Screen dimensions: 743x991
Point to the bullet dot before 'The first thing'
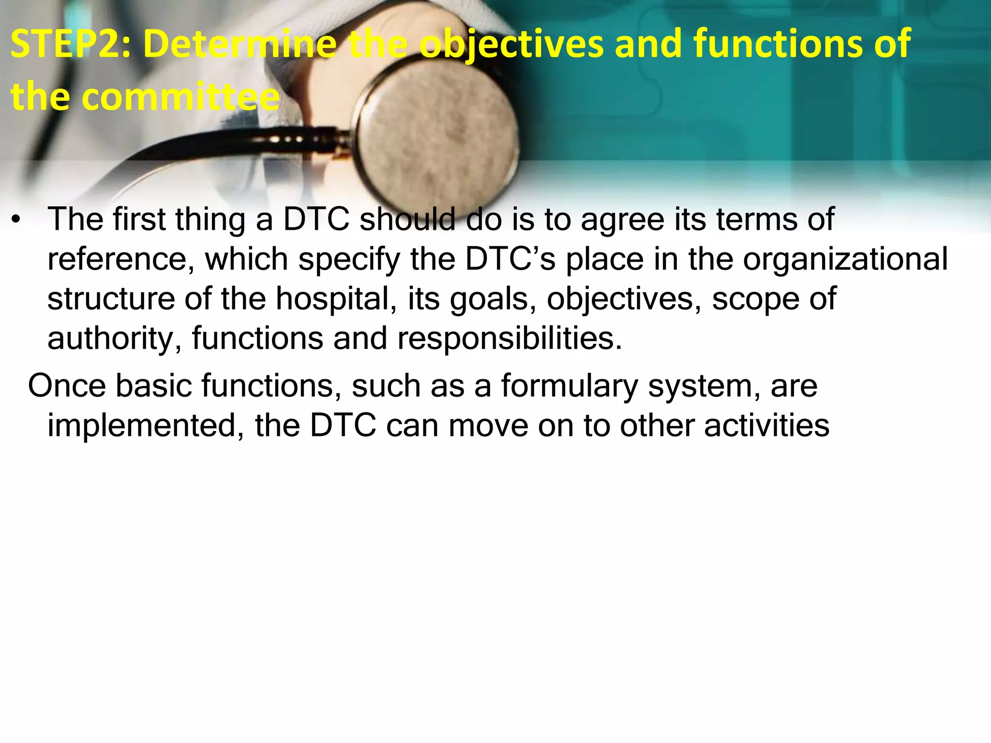[x=17, y=221]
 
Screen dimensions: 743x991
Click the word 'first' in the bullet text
[x=140, y=220]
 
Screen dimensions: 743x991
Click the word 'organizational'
[x=845, y=260]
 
